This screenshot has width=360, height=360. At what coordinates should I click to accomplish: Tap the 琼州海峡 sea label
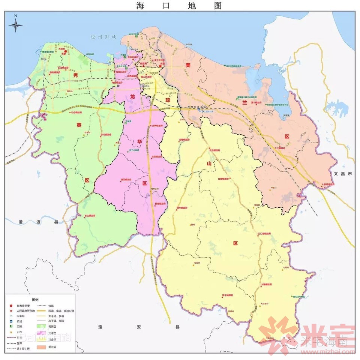click(104, 37)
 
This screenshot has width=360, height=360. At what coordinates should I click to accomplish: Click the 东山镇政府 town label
click(89, 216)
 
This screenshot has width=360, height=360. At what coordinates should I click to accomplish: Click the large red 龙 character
click(132, 97)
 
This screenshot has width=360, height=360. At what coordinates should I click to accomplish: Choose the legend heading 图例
click(35, 300)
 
